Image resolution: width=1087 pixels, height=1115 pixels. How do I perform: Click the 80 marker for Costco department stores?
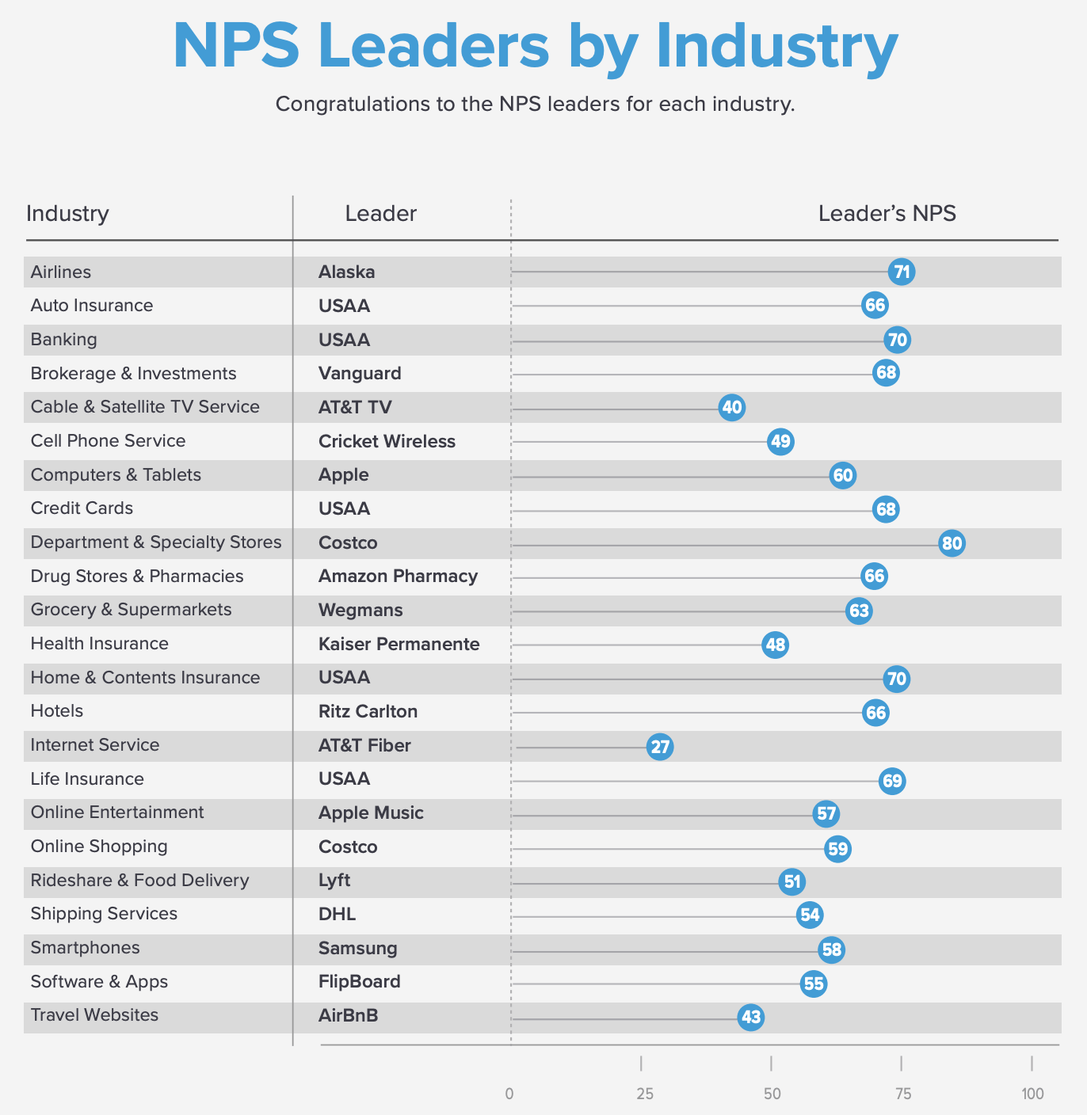tap(952, 543)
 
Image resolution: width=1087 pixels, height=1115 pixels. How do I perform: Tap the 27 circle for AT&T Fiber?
tap(660, 746)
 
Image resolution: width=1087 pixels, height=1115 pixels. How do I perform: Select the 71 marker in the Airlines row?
tap(902, 272)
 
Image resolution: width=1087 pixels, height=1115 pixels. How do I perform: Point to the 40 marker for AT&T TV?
tap(731, 408)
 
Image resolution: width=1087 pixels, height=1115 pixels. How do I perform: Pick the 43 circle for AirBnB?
tap(750, 1017)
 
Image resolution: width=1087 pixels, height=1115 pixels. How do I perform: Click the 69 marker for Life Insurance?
tap(892, 781)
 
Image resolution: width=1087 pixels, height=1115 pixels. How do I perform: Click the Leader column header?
tap(380, 214)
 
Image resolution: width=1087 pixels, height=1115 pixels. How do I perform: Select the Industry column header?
tap(67, 214)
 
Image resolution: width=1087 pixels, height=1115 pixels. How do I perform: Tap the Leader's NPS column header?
tap(887, 214)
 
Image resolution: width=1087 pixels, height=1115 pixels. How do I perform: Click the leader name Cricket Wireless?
tap(387, 441)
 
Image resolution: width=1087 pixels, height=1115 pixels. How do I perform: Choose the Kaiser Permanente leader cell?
tap(399, 644)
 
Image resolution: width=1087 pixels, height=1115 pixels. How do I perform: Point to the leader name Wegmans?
tap(360, 611)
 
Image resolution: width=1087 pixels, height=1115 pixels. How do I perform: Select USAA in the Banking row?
tap(344, 340)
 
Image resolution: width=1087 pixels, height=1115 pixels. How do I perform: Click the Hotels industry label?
tap(57, 711)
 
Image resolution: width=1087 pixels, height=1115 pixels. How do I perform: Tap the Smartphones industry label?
tap(85, 948)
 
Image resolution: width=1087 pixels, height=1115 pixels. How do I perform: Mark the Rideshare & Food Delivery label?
tap(139, 881)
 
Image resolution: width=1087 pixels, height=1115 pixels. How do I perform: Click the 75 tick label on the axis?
tap(902, 1094)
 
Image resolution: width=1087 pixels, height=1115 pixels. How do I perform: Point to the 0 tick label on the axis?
tap(509, 1094)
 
